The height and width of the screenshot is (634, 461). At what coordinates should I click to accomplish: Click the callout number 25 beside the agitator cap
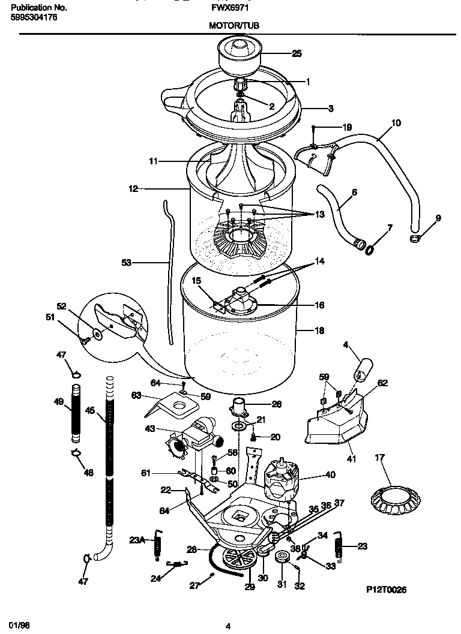click(x=297, y=53)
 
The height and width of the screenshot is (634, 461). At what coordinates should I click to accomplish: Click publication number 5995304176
click(x=34, y=17)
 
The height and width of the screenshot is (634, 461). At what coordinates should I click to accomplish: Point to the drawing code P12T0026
click(x=387, y=590)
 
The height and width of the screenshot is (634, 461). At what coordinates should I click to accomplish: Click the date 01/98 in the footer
click(x=19, y=626)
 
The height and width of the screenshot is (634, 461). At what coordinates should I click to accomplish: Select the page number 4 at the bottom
click(x=228, y=627)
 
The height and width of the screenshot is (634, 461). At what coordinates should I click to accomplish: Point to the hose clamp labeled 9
click(x=414, y=239)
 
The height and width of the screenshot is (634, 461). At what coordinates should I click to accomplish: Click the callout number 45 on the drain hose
click(x=90, y=411)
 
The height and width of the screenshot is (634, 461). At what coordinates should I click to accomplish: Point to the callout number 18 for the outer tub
click(x=319, y=330)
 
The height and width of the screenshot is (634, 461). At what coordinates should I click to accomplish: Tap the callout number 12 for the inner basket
click(x=133, y=188)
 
